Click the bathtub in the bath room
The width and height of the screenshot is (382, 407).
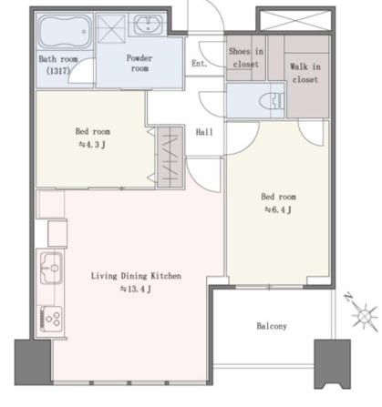(x=65, y=32)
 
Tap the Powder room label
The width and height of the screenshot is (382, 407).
(x=139, y=63)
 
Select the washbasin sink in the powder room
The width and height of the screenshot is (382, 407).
(x=148, y=25)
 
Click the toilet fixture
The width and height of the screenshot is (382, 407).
(x=272, y=100)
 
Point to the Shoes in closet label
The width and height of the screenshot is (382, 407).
(x=245, y=57)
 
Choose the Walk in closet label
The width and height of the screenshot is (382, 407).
(x=305, y=73)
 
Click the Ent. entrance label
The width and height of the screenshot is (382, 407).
(x=199, y=64)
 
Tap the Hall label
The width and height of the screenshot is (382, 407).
(x=204, y=132)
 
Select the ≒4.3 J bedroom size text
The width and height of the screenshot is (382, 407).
(x=92, y=145)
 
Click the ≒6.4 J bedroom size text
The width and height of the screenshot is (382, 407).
(x=278, y=209)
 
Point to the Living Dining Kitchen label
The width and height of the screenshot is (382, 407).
(x=136, y=276)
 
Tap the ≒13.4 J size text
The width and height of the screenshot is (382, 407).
(x=136, y=289)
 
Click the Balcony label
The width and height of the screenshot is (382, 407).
(x=272, y=326)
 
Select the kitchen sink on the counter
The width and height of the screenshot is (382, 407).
(x=51, y=268)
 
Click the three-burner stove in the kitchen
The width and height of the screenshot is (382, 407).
(x=51, y=319)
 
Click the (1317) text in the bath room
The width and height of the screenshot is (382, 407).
(x=58, y=72)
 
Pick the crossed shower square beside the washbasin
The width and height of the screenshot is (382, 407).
(x=111, y=29)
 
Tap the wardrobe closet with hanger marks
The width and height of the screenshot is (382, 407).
(x=170, y=158)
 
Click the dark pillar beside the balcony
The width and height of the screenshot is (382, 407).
(x=332, y=364)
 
